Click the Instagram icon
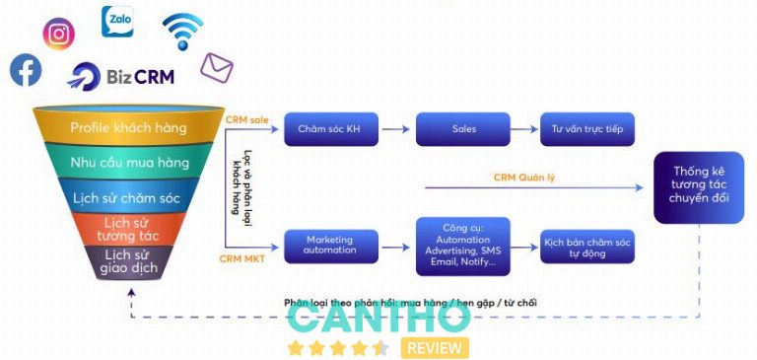[59, 34]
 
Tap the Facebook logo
[26, 70]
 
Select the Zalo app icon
[117, 21]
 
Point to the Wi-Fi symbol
[182, 31]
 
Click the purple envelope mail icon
[216, 67]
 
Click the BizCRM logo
[121, 75]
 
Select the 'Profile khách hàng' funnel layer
[128, 127]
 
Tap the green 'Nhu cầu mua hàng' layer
[128, 162]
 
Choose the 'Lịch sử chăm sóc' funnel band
[128, 196]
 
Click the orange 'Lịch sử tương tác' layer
[128, 229]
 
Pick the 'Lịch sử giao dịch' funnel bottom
[128, 261]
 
